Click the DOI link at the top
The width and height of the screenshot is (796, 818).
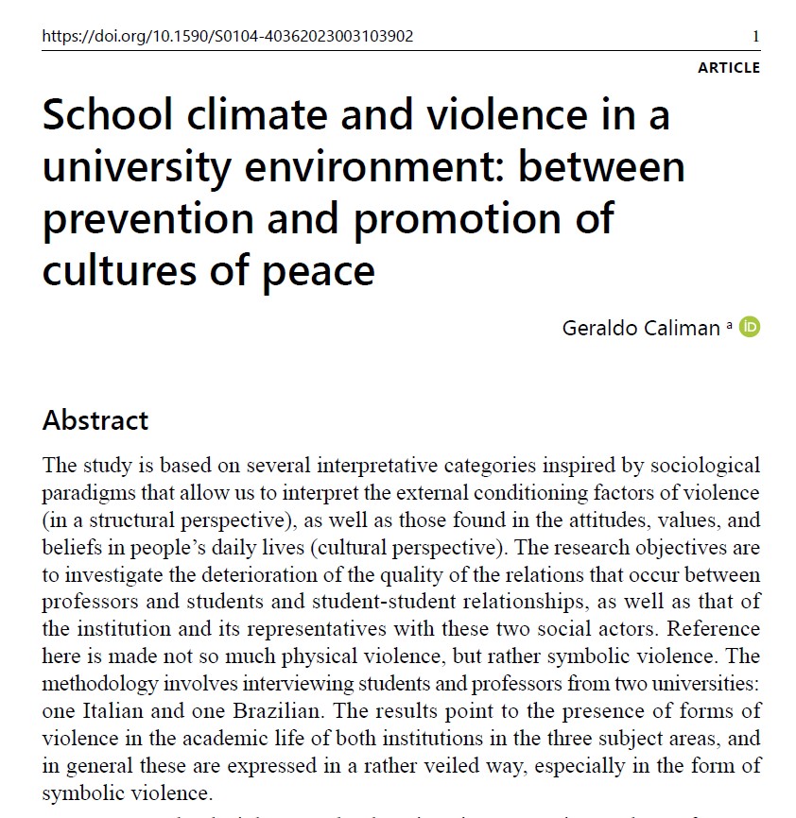pyautogui.click(x=228, y=37)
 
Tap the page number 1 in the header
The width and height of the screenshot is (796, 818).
pyautogui.click(x=755, y=37)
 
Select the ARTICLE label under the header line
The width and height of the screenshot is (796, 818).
pyautogui.click(x=728, y=68)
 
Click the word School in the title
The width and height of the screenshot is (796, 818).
pyautogui.click(x=108, y=116)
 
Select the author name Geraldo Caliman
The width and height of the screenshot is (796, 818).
pyautogui.click(x=641, y=329)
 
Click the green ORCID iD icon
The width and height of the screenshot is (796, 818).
pyautogui.click(x=750, y=327)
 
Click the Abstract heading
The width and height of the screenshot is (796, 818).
pyautogui.click(x=95, y=419)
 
